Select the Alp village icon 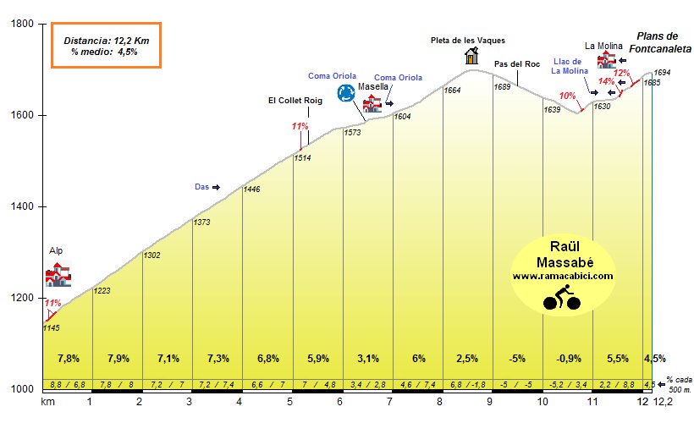click(58, 275)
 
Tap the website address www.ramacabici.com click(562, 277)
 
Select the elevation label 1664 click(452, 91)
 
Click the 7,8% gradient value click(68, 358)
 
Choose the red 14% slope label click(606, 82)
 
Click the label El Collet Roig click(295, 101)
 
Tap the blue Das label click(201, 187)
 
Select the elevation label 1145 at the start click(52, 328)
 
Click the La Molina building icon click(606, 61)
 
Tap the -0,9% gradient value click(569, 358)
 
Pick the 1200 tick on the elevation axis click(20, 298)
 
